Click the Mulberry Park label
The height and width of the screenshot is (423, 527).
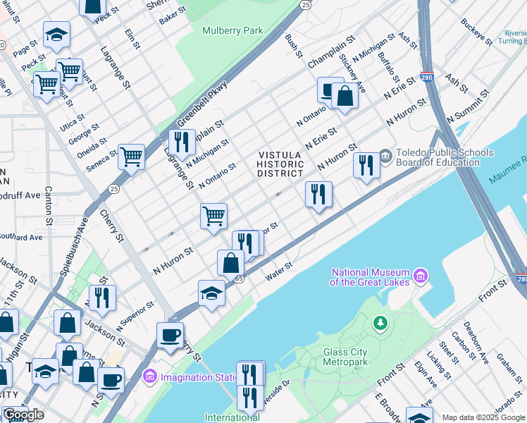click(232, 30)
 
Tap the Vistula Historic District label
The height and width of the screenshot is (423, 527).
click(280, 164)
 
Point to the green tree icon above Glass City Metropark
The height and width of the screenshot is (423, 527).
click(381, 324)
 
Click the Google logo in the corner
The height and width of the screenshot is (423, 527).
click(23, 415)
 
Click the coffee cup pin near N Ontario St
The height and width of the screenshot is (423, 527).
click(330, 90)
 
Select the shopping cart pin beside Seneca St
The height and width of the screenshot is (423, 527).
click(131, 157)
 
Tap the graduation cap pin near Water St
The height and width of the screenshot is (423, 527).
click(211, 293)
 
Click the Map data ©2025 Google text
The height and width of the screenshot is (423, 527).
click(483, 417)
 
